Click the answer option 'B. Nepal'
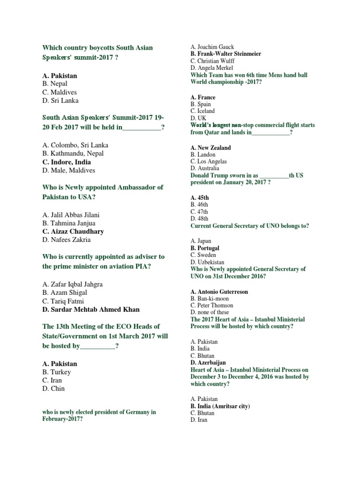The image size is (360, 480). point(55,84)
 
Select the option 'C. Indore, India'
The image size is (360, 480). point(67,162)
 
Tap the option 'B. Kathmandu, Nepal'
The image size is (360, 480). point(73,153)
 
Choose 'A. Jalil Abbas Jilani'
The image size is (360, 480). point(70,215)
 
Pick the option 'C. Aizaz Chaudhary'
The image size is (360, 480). point(73,232)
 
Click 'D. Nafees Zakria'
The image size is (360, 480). point(66,240)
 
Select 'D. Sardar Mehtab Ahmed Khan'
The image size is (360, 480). point(90,309)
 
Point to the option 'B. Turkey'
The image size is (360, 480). point(56,372)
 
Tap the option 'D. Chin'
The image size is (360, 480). point(53,389)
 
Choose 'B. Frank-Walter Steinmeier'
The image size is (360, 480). point(225,54)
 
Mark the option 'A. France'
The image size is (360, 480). point(203,97)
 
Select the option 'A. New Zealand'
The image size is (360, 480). point(210,148)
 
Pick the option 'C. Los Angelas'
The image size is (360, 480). point(209,161)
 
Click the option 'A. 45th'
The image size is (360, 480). point(200,198)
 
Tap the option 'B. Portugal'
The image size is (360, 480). point(205,248)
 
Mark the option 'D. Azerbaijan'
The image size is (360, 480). point(208,362)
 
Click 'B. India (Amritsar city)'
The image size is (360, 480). point(220,406)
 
